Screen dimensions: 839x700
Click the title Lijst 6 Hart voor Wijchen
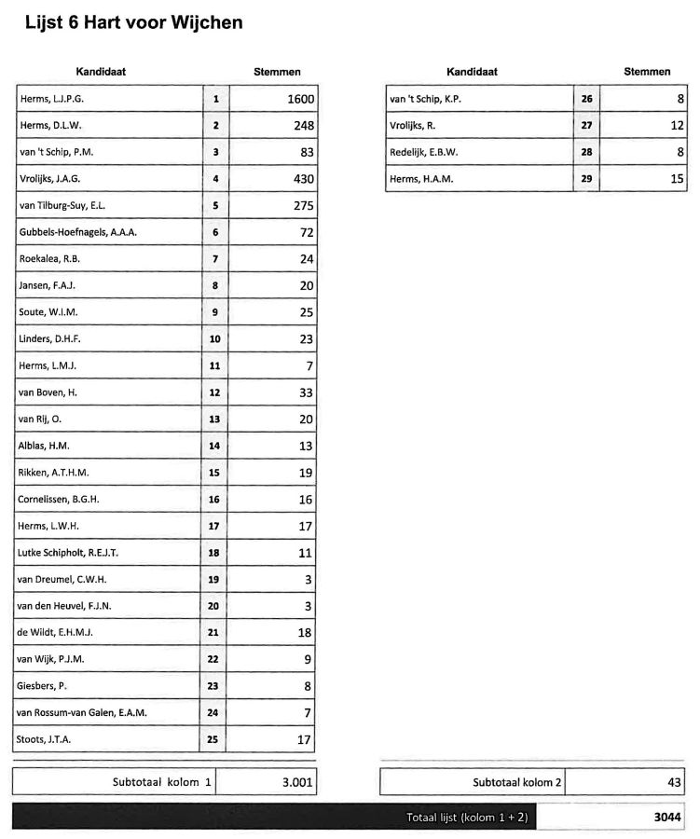134,22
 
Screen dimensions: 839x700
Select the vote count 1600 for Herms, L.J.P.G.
296,99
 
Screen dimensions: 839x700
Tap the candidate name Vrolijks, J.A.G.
57,179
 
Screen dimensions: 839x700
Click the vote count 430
304,179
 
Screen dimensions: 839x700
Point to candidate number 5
215,206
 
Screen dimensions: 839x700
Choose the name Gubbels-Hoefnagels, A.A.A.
77,232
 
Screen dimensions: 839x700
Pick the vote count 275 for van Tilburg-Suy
304,206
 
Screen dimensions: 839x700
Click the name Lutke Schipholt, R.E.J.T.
68,553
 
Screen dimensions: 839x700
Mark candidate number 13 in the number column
215,419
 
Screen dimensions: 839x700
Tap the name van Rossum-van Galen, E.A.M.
82,713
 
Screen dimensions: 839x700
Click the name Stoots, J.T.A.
45,740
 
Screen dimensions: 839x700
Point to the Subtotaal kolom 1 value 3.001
297,782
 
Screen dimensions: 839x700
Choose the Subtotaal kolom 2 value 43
675,782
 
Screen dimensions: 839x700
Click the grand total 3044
666,817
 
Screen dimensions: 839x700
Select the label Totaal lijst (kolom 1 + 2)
467,817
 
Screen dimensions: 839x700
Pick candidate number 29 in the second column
586,179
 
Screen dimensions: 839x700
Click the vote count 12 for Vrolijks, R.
677,125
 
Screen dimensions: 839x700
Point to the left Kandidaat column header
101,72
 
